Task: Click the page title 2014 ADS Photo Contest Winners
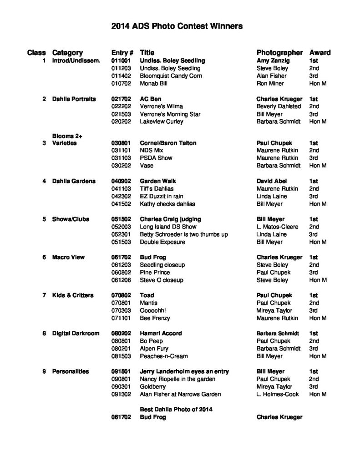(177, 26)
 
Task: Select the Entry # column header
(122, 52)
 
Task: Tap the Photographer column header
(279, 52)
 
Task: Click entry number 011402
(122, 76)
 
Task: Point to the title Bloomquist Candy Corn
(171, 76)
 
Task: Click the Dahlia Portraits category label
(74, 99)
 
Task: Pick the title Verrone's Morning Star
(170, 114)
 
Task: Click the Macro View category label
(69, 257)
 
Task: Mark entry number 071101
(122, 318)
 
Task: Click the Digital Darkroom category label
(76, 333)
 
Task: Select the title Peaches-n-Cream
(163, 356)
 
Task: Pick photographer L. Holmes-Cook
(278, 394)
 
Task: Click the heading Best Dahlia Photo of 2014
(176, 409)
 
